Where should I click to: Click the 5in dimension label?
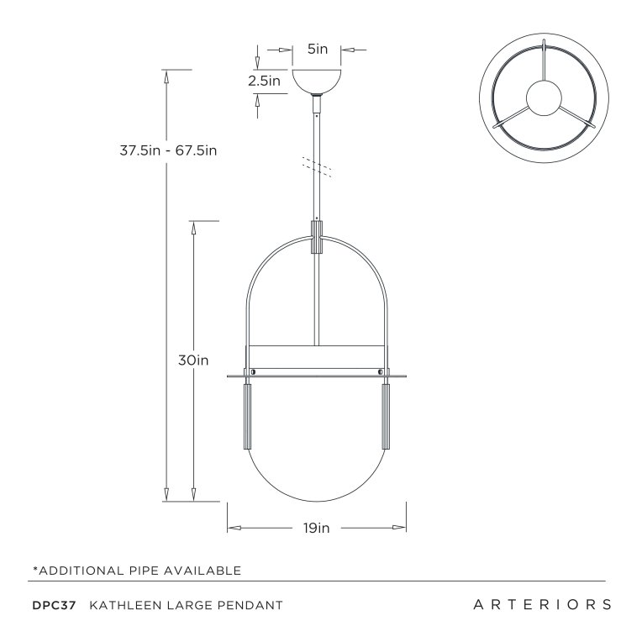tap(317, 50)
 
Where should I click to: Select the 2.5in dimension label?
tap(264, 82)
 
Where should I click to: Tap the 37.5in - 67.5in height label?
tap(169, 151)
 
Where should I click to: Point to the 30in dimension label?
tap(193, 360)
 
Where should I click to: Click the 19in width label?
tap(317, 528)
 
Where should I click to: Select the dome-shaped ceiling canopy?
tap(317, 82)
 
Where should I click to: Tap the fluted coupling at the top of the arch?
tap(317, 237)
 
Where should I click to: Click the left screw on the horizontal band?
tap(253, 371)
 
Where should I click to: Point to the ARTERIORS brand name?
tap(541, 605)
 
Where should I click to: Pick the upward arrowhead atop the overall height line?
tap(167, 76)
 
